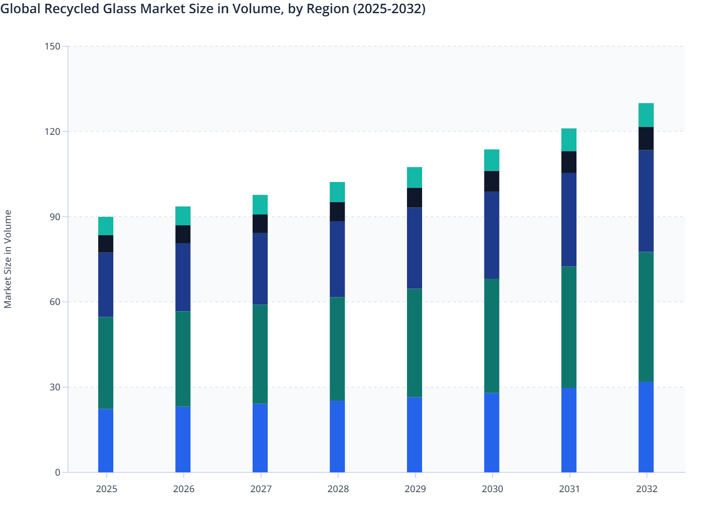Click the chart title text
point(213,8)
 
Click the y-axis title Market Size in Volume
point(8,259)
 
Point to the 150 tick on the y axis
point(53,46)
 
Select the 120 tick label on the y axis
point(53,132)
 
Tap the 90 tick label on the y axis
point(55,217)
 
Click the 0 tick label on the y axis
point(58,472)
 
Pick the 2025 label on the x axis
point(106,489)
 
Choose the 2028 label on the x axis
point(338,489)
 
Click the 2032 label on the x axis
point(646,489)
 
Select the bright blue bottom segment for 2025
point(106,440)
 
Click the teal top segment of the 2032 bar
point(646,115)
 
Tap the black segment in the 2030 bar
point(492,181)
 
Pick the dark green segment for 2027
point(260,354)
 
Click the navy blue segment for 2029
point(415,248)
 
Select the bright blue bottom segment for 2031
point(569,430)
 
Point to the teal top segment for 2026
point(183,216)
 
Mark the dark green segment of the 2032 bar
point(646,317)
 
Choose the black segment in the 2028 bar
point(337,212)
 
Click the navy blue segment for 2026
point(183,277)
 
